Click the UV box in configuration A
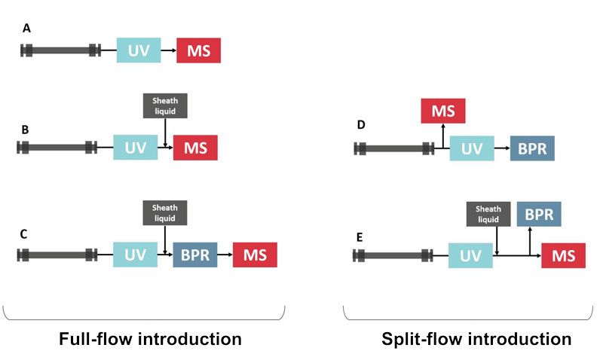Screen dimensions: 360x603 tap(139, 50)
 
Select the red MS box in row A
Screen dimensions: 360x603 tap(199, 50)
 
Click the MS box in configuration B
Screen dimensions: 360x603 tap(196, 147)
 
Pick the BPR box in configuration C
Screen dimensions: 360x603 tap(195, 255)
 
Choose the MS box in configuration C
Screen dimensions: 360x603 tap(255, 255)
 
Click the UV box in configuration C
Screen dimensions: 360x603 tap(135, 255)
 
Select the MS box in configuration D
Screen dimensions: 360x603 tap(443, 111)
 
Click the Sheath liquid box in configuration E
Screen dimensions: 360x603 tap(488, 214)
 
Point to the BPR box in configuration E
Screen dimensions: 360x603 tap(539, 214)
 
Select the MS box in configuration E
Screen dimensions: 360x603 tap(564, 257)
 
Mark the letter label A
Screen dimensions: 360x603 tap(27, 28)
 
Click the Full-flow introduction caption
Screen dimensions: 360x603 tap(151, 339)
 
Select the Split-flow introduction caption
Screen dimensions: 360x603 tap(475, 339)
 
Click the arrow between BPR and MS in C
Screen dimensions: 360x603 tap(225, 255)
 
